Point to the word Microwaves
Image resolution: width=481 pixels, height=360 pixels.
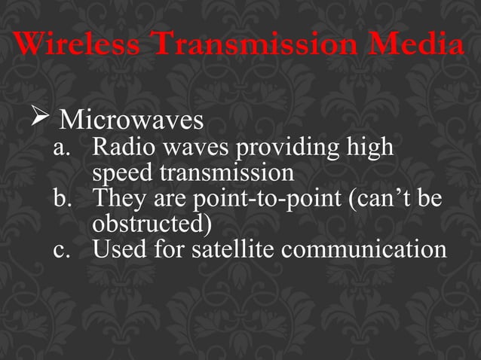click(x=131, y=120)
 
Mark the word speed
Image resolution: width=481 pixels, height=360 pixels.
click(x=123, y=174)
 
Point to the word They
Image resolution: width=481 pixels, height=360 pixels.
click(x=118, y=199)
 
